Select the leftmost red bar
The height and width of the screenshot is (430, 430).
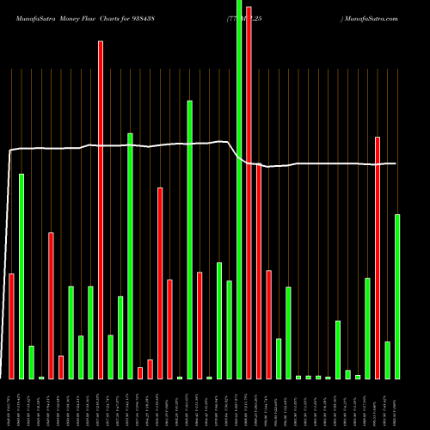point(11,326)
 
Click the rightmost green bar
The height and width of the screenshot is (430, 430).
point(397,297)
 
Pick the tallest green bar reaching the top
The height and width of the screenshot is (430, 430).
point(239,189)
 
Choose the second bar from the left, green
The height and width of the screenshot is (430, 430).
point(21,276)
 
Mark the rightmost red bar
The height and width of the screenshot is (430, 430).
point(378,258)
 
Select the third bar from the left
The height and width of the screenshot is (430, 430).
point(31,362)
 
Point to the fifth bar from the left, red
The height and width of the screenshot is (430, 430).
point(51,305)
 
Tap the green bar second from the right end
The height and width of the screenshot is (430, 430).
point(388,360)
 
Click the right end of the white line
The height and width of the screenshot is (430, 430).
point(396,163)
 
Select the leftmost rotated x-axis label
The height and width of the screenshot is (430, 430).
point(11,404)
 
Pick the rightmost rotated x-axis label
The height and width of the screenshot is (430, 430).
point(397,404)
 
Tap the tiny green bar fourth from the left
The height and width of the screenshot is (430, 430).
point(41,378)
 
